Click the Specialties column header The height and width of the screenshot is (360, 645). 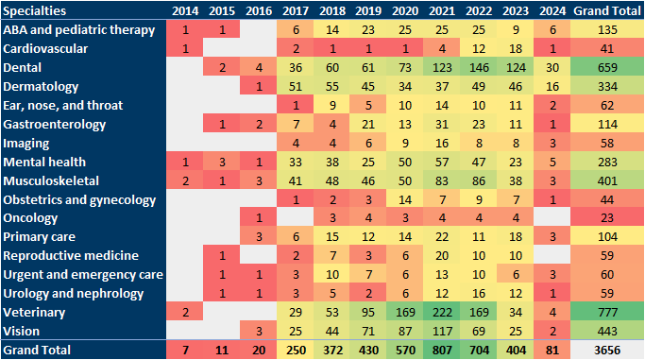pos(38,10)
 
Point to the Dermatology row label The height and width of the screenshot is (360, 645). pos(38,86)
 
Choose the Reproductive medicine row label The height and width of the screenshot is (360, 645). pos(57,255)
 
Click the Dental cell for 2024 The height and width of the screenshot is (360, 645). pos(571,67)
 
